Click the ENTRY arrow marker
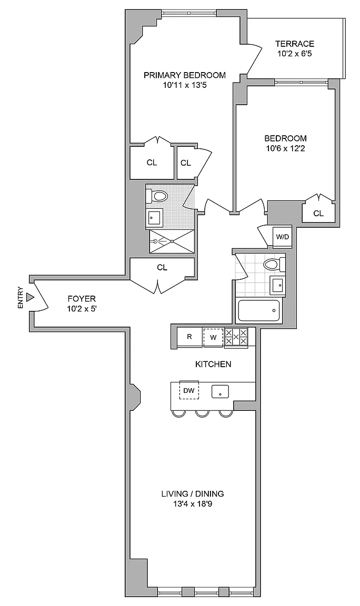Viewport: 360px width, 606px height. [x=30, y=298]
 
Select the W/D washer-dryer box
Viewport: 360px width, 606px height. [x=283, y=237]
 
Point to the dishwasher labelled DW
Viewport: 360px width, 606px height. [x=189, y=390]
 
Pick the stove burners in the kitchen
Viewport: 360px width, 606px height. [x=236, y=337]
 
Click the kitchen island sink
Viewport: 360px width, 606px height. [x=220, y=391]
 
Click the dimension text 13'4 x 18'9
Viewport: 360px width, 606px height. [x=193, y=504]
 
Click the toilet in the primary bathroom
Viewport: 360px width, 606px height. [x=158, y=197]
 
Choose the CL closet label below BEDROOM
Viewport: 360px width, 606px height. [x=318, y=213]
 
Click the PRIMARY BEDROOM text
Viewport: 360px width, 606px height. [x=185, y=75]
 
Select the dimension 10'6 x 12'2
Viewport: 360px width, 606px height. [x=285, y=148]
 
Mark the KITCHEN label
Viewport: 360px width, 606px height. [x=213, y=364]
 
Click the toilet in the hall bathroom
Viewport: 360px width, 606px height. [x=273, y=264]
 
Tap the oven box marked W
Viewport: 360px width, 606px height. [x=213, y=337]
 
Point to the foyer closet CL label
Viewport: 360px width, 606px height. [x=162, y=267]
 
